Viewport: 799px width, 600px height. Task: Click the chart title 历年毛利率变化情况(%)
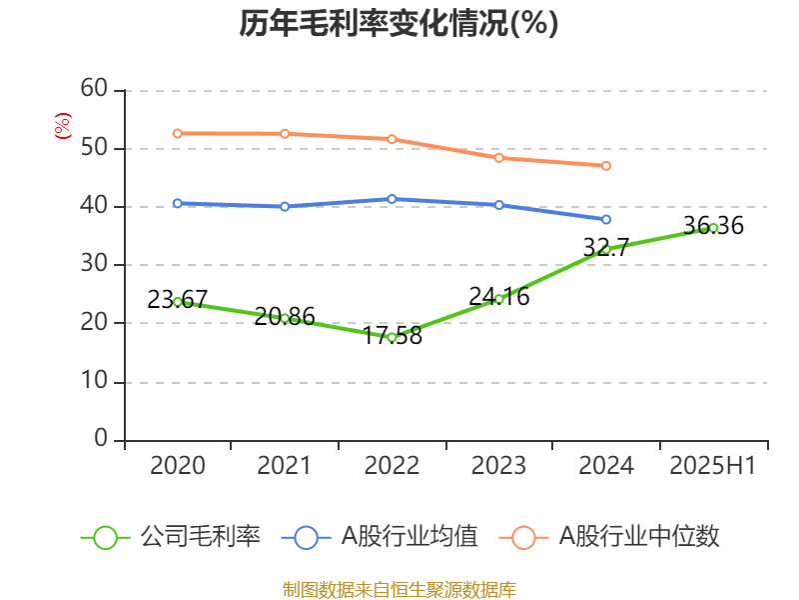click(399, 23)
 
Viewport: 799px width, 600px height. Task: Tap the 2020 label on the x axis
click(177, 466)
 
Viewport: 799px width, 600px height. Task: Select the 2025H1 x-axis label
click(713, 466)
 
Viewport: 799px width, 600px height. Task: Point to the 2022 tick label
click(392, 466)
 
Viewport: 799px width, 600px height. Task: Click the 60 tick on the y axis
click(95, 89)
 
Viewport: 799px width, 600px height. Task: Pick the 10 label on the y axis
click(95, 381)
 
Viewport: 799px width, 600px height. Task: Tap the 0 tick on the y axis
click(101, 439)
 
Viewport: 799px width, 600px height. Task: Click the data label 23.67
click(177, 298)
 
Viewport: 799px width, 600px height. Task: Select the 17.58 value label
click(392, 335)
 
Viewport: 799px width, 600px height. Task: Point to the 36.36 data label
click(713, 226)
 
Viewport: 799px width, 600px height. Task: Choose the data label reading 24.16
click(498, 296)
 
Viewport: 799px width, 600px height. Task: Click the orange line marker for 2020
click(177, 133)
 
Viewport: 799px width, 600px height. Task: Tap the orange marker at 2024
click(606, 166)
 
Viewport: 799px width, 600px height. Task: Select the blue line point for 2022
click(392, 199)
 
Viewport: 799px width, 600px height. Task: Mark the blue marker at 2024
click(606, 219)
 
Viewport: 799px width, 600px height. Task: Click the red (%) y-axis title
click(63, 125)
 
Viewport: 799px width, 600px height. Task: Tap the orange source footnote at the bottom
click(399, 589)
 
